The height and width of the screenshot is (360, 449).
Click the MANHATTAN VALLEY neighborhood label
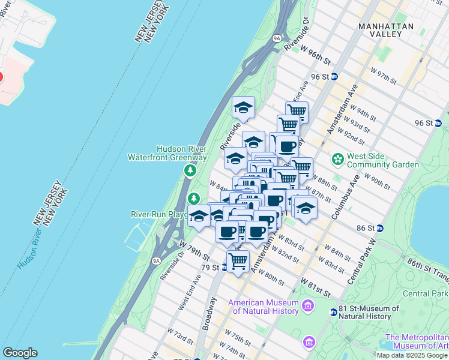pos(386,30)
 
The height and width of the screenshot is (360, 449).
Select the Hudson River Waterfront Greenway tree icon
pos(190,172)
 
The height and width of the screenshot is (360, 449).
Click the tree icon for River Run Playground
pos(194,198)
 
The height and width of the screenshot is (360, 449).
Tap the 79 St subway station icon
pos(224,268)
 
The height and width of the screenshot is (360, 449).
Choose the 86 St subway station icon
pos(380,229)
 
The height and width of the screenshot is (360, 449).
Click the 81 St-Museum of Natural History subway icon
pos(333,312)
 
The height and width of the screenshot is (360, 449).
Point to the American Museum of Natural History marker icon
pos(309,307)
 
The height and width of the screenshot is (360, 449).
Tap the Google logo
pos(20,353)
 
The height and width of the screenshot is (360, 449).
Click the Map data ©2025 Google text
pos(412,355)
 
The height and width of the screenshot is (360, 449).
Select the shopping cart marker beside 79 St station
pos(238,261)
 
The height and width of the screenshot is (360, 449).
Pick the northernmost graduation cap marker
pos(243,107)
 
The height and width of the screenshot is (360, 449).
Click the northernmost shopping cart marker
pos(297,110)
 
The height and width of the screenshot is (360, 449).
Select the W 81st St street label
pos(316,287)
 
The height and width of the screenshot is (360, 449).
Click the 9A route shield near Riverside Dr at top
pos(276,37)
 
